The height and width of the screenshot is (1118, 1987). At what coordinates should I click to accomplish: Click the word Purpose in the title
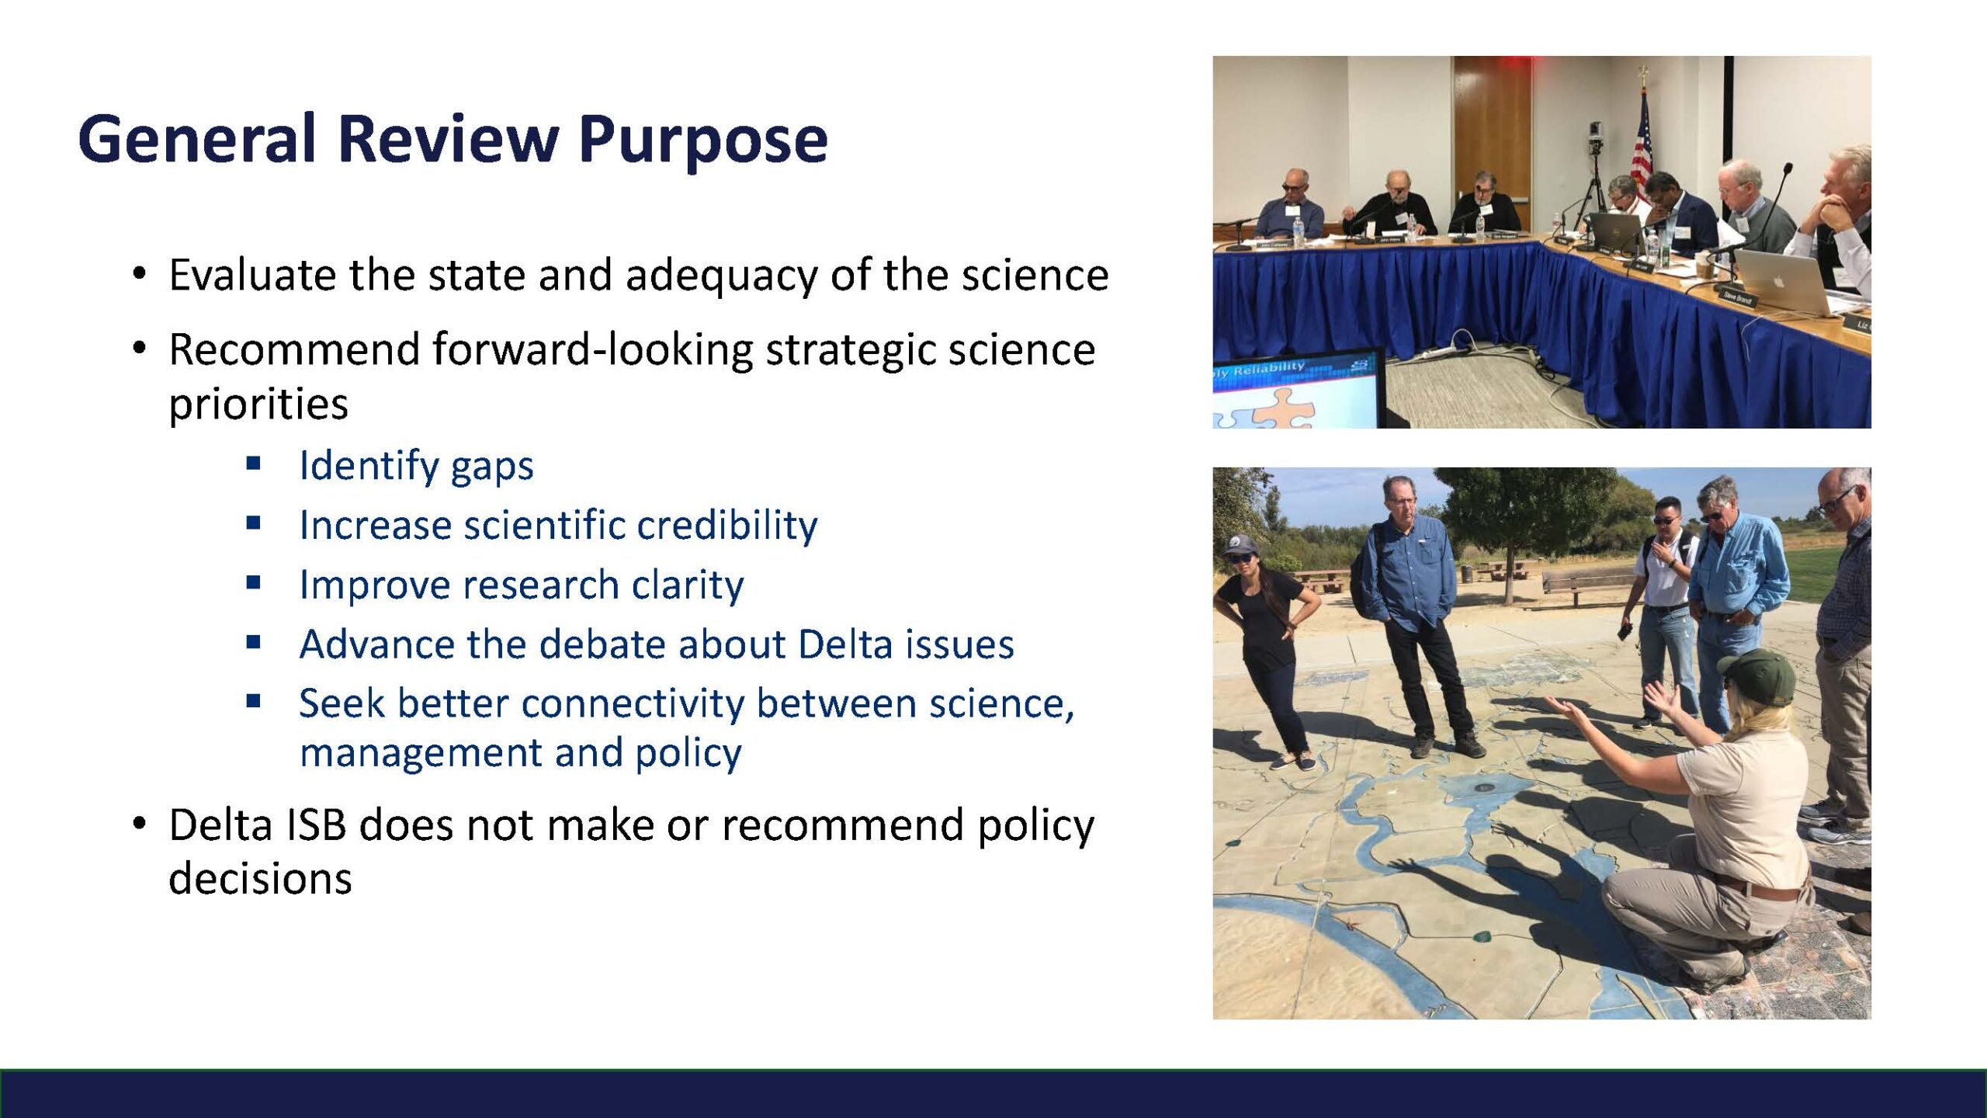(703, 140)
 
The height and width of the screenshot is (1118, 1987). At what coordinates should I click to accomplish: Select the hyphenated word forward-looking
(593, 349)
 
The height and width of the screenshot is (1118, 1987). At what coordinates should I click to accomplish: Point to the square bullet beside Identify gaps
(253, 464)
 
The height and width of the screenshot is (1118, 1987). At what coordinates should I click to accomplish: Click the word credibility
(727, 526)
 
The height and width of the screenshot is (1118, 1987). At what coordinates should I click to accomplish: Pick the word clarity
(688, 585)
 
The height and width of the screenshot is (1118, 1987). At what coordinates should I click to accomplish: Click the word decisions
(260, 879)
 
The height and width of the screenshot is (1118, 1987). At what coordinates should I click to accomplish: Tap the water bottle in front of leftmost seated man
(1298, 231)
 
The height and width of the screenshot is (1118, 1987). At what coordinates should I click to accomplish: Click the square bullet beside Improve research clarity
(253, 583)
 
